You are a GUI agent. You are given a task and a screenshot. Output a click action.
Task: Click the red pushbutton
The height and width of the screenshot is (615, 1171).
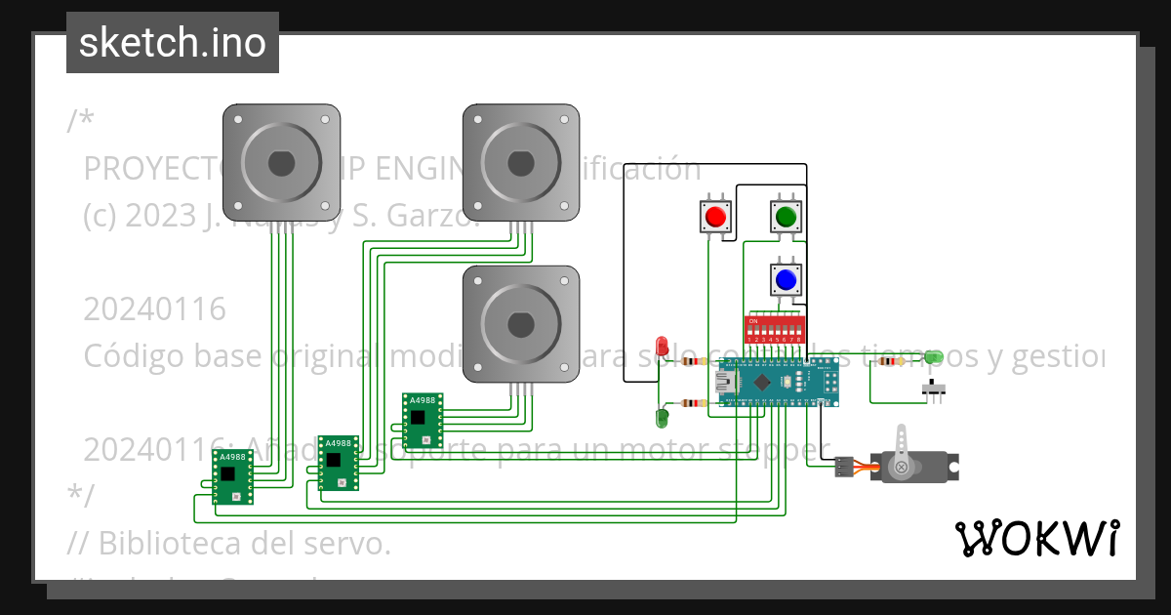[716, 216]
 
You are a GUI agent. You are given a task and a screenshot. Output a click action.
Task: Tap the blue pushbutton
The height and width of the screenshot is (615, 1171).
[786, 280]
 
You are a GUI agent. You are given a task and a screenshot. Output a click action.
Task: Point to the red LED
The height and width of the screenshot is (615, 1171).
[662, 346]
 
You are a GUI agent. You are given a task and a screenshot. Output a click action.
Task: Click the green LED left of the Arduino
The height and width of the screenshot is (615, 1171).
[662, 418]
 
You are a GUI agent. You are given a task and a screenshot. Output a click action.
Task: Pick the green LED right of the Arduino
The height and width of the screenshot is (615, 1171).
[933, 357]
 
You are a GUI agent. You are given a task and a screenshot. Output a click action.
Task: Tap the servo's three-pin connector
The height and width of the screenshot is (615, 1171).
[844, 469]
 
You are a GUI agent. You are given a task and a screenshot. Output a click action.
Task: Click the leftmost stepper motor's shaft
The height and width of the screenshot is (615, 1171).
[281, 163]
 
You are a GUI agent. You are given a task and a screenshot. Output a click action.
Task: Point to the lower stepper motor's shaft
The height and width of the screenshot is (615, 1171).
[521, 323]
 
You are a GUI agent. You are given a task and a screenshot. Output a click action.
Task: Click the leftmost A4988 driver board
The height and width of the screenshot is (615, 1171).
[233, 476]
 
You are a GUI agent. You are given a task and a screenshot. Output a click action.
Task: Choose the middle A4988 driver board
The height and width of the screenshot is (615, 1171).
[339, 462]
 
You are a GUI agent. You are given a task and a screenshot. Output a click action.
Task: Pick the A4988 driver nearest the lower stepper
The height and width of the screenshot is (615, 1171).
[423, 419]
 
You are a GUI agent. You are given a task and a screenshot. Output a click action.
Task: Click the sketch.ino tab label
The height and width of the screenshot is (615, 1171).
[173, 43]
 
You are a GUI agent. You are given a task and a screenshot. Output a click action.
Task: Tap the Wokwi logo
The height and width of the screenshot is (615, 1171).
[1036, 538]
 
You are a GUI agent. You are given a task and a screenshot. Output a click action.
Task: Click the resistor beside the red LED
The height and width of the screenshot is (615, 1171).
[694, 361]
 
